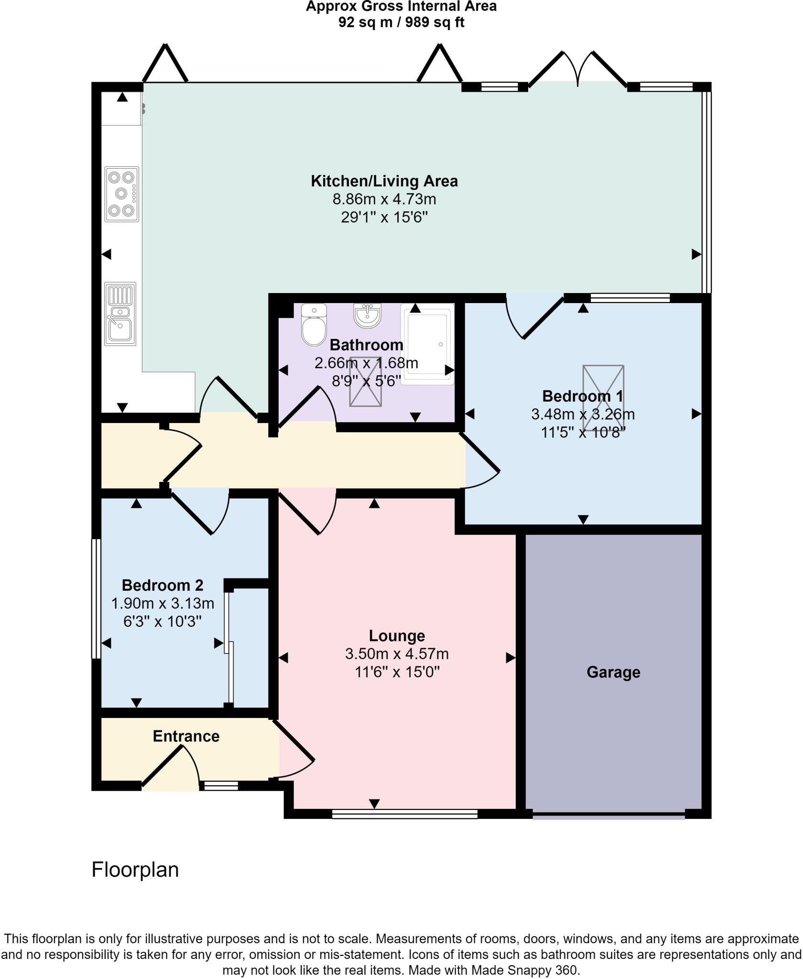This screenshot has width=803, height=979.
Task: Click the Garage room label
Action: tap(613, 672)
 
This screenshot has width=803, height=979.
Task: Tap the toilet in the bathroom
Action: tap(314, 325)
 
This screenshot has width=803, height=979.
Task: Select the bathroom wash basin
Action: tap(367, 315)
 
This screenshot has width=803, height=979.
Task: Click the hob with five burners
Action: tap(122, 194)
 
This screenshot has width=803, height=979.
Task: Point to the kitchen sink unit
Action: tap(120, 314)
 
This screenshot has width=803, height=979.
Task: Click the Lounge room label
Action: tap(397, 636)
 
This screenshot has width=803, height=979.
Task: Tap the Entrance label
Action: tap(186, 736)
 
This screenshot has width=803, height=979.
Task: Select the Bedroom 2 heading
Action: tap(163, 585)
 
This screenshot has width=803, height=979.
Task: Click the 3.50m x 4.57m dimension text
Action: tap(397, 654)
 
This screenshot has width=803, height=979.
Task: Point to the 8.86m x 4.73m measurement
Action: tap(384, 199)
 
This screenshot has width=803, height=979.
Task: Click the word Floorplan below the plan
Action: tap(135, 870)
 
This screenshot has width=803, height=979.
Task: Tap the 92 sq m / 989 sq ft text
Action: tap(401, 22)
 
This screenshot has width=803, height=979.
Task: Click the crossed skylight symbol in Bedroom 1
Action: tap(603, 398)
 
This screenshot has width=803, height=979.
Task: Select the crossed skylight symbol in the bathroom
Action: tap(366, 381)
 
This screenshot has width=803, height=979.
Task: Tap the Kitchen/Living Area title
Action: tap(384, 181)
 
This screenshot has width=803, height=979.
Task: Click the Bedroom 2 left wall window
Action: tap(96, 598)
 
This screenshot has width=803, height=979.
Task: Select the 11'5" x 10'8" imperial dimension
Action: tap(583, 433)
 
